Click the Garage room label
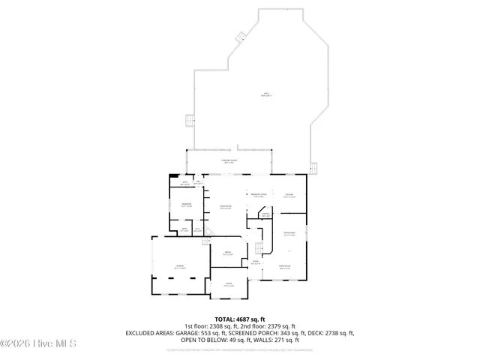180,266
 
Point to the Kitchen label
289,196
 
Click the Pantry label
265,214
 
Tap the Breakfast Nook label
257,196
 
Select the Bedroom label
187,204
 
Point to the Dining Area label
289,234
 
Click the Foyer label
255,262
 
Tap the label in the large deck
266,94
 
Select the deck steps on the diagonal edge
241,35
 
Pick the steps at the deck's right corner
316,167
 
